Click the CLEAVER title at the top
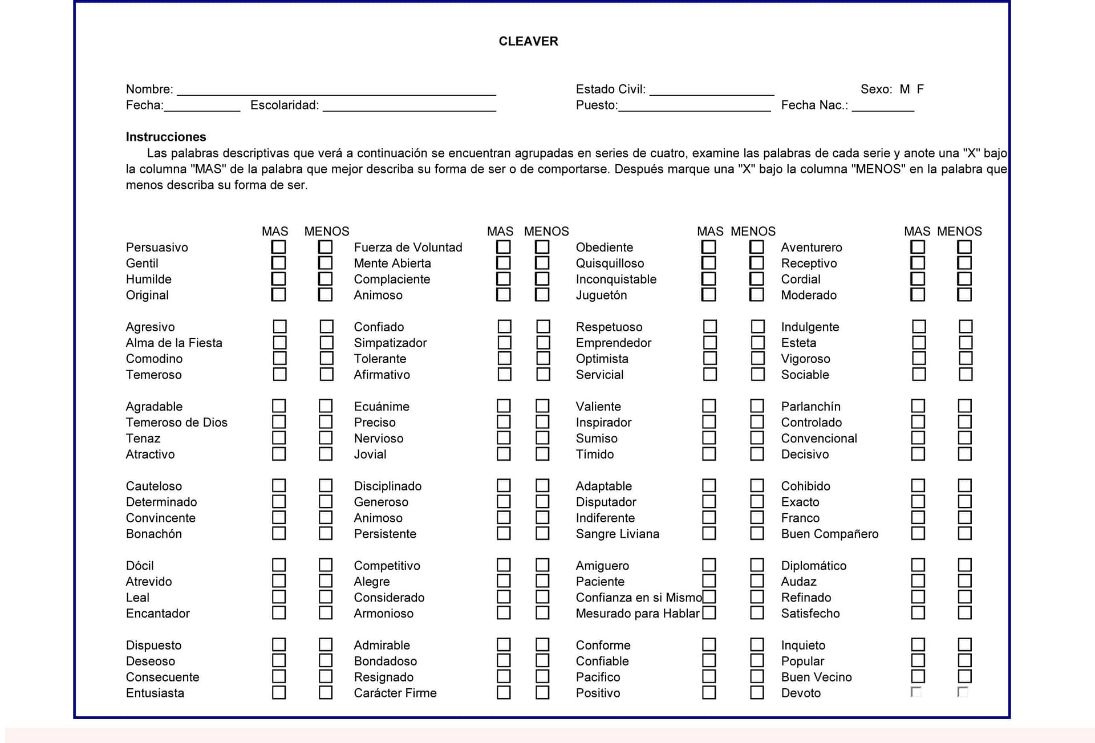(528, 41)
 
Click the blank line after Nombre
(336, 90)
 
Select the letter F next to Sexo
(920, 89)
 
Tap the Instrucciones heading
(166, 137)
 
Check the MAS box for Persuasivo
(278, 247)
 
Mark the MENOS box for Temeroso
(326, 374)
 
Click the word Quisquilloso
(610, 263)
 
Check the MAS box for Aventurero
(917, 247)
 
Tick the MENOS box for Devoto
(963, 692)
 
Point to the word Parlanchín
(810, 407)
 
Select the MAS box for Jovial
(504, 454)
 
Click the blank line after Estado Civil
(712, 90)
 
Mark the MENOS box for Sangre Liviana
(757, 533)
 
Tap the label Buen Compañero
(829, 534)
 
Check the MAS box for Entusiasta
(278, 692)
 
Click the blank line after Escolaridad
(409, 106)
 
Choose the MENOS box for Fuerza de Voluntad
(542, 247)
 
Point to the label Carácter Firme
(395, 693)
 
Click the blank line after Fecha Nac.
(883, 106)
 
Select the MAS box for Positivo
(709, 692)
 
